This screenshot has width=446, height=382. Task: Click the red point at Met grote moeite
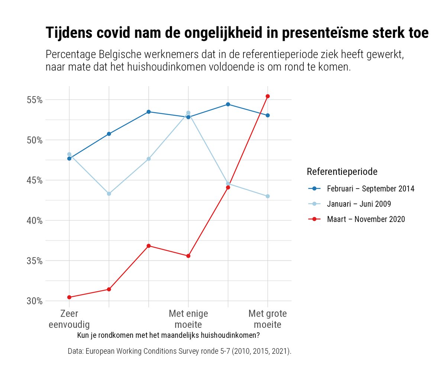268,96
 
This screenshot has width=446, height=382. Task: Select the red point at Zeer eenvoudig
69,297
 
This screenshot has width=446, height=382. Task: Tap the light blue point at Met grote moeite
268,196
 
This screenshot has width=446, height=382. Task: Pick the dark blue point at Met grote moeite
268,115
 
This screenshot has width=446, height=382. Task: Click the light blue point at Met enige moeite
188,113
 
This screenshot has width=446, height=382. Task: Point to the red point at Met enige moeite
188,256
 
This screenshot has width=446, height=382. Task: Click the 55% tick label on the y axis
34,100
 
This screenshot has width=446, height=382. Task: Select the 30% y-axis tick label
34,301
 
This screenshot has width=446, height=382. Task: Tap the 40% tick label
34,221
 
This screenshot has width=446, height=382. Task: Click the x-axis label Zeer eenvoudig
69,319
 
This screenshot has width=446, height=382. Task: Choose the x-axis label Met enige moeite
188,319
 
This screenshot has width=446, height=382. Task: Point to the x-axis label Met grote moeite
268,319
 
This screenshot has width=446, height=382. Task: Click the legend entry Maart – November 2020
366,219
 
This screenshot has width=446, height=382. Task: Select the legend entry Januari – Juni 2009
359,204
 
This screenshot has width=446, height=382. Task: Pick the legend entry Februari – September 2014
371,189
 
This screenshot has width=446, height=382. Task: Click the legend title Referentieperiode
342,172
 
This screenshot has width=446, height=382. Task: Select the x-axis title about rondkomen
168,336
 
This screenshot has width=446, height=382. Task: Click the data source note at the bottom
180,351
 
